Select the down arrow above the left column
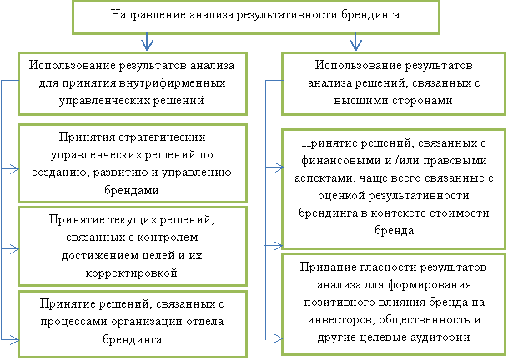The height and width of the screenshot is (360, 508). point(147,42)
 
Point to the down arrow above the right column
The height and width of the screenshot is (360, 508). point(355,42)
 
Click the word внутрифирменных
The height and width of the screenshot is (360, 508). point(172,83)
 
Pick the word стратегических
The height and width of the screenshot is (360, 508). point(162,137)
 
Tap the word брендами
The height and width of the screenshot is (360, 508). point(132,190)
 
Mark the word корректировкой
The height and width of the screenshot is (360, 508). point(132,272)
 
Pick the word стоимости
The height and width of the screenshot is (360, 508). point(460,213)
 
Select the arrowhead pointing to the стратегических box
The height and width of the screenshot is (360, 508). point(14,168)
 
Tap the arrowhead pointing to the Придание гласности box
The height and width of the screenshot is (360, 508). point(277,338)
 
